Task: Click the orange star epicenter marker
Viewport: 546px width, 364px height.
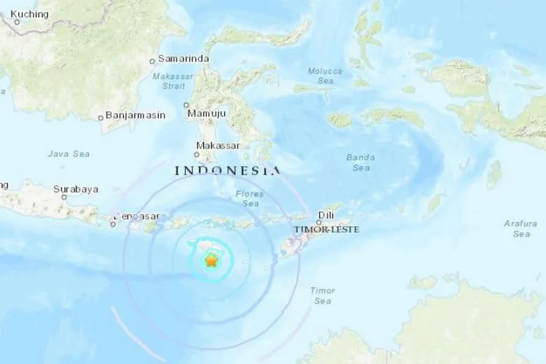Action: pos(211,261)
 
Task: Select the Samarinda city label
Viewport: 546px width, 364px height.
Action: pos(183,59)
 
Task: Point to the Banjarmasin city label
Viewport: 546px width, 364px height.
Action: pos(136,116)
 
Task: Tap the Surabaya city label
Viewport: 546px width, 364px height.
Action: pos(76,188)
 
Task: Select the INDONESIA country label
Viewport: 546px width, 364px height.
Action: pos(227,170)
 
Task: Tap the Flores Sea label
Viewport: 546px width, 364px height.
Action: pos(250,199)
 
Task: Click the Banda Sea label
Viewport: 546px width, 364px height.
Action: pos(361,162)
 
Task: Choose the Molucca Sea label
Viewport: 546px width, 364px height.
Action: pos(325,76)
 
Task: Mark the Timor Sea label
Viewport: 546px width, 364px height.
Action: pos(322,295)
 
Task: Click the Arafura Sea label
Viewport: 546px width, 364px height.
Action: pos(521,228)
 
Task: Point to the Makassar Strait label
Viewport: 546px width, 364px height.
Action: pos(169,81)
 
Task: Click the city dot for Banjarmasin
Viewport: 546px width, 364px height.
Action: pos(101,117)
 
